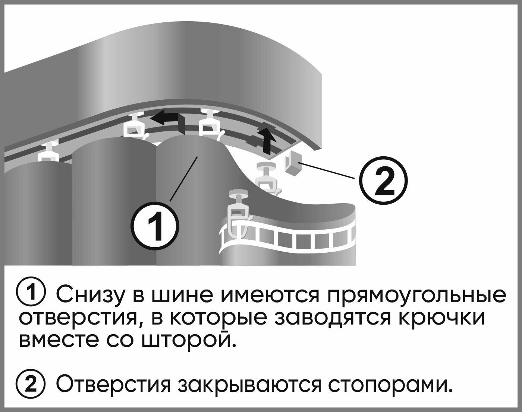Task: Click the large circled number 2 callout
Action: click(383, 182)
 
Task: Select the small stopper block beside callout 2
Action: click(293, 165)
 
